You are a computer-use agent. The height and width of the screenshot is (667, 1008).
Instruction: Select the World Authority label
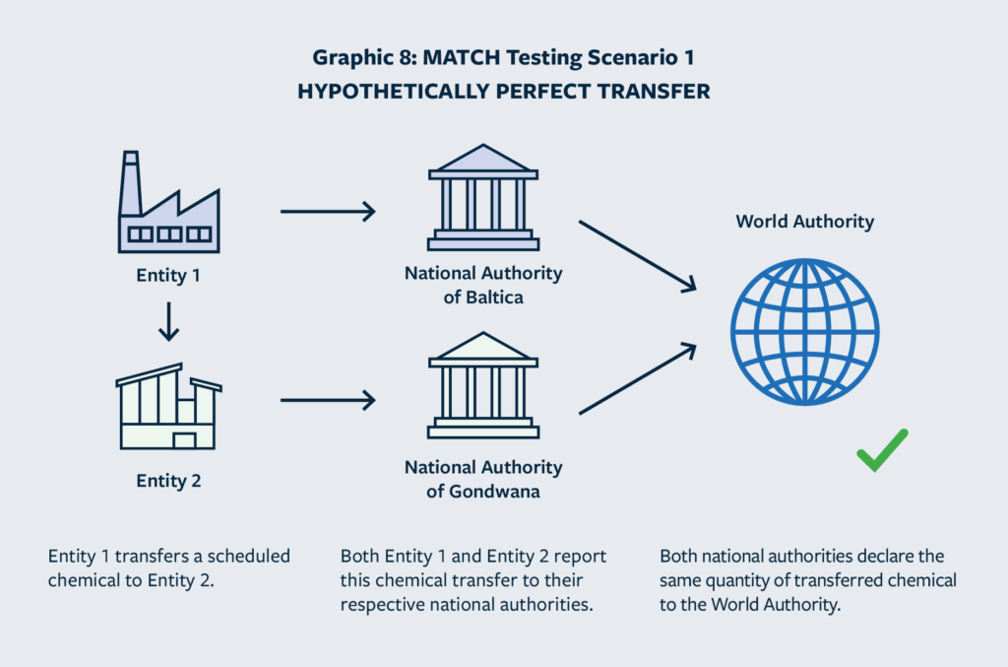click(x=804, y=222)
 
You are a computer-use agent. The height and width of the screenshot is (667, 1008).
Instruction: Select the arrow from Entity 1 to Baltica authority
click(x=328, y=211)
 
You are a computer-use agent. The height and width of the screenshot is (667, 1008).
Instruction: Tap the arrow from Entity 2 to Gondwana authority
click(x=328, y=400)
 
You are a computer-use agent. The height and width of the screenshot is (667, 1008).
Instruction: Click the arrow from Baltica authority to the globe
click(x=637, y=255)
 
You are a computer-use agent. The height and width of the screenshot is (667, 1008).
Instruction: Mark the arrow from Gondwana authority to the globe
click(x=637, y=380)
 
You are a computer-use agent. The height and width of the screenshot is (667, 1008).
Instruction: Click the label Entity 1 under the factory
click(x=168, y=276)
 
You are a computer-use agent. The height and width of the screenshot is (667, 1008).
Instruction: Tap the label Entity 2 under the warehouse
click(x=168, y=482)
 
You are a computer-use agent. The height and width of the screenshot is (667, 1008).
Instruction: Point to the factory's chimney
click(x=130, y=182)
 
